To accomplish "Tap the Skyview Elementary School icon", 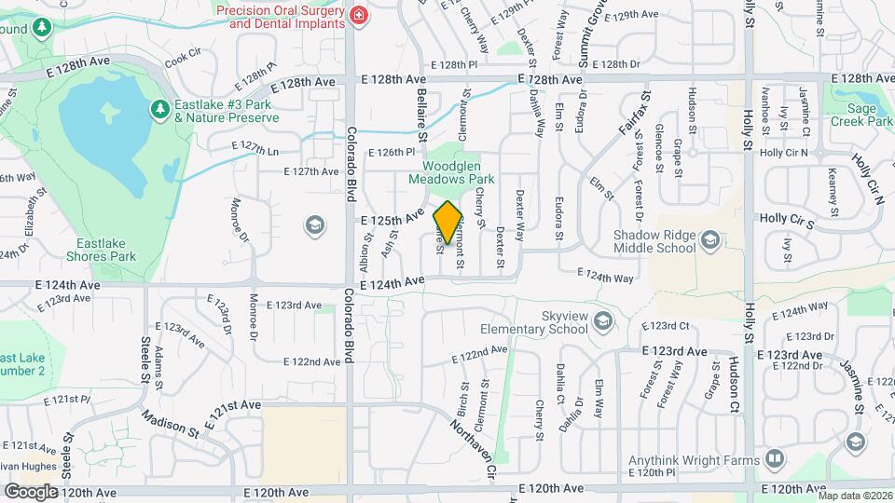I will point(603,321).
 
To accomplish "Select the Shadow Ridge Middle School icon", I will point(710,242).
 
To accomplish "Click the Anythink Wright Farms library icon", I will point(775,457).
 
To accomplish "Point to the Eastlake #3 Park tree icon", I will point(159,110).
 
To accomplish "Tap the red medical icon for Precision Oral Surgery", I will point(357,15).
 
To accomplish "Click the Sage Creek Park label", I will point(861,116).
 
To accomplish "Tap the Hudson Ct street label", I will point(734,384).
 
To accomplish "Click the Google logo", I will point(31,491).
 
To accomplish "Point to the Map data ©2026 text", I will point(853,496).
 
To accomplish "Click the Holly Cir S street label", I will point(787,219).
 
